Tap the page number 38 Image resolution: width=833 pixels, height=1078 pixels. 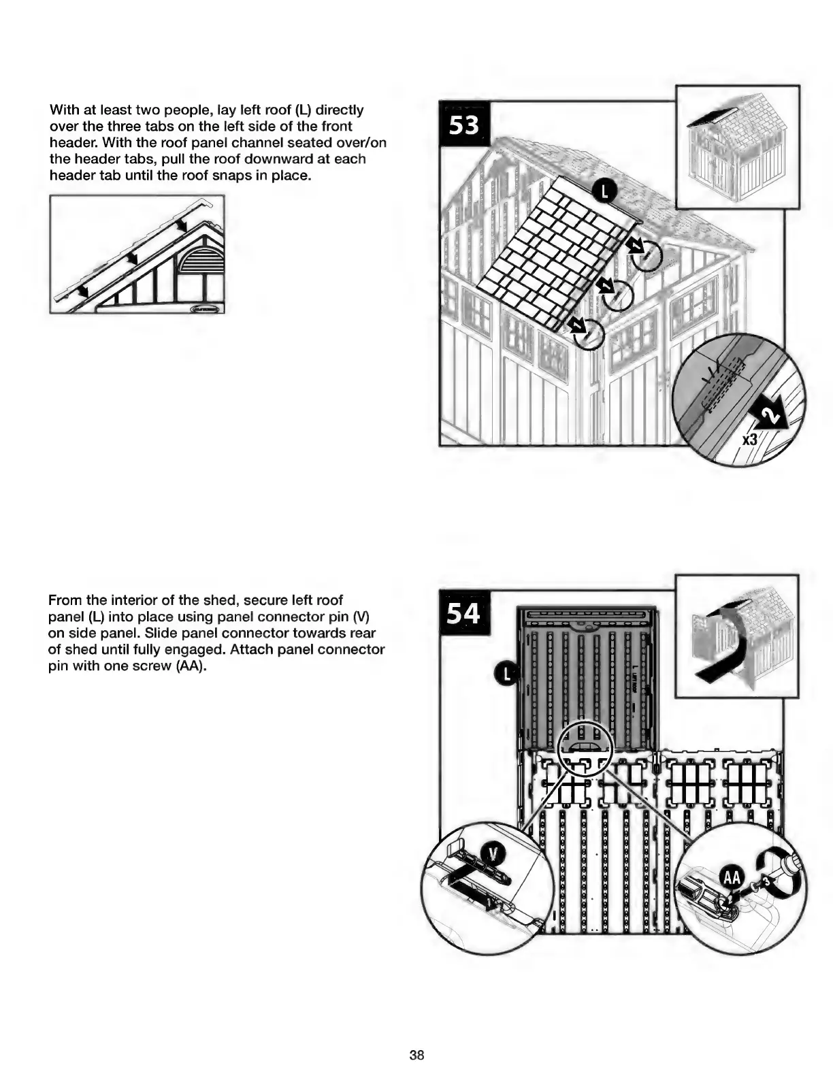pyautogui.click(x=416, y=1055)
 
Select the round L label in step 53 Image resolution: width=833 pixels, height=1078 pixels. pyautogui.click(x=604, y=192)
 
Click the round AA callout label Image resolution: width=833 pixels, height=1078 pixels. pyautogui.click(x=732, y=877)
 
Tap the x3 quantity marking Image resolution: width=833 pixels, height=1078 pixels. pyautogui.click(x=749, y=440)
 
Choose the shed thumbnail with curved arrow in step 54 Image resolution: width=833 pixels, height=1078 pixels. pyautogui.click(x=736, y=635)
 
